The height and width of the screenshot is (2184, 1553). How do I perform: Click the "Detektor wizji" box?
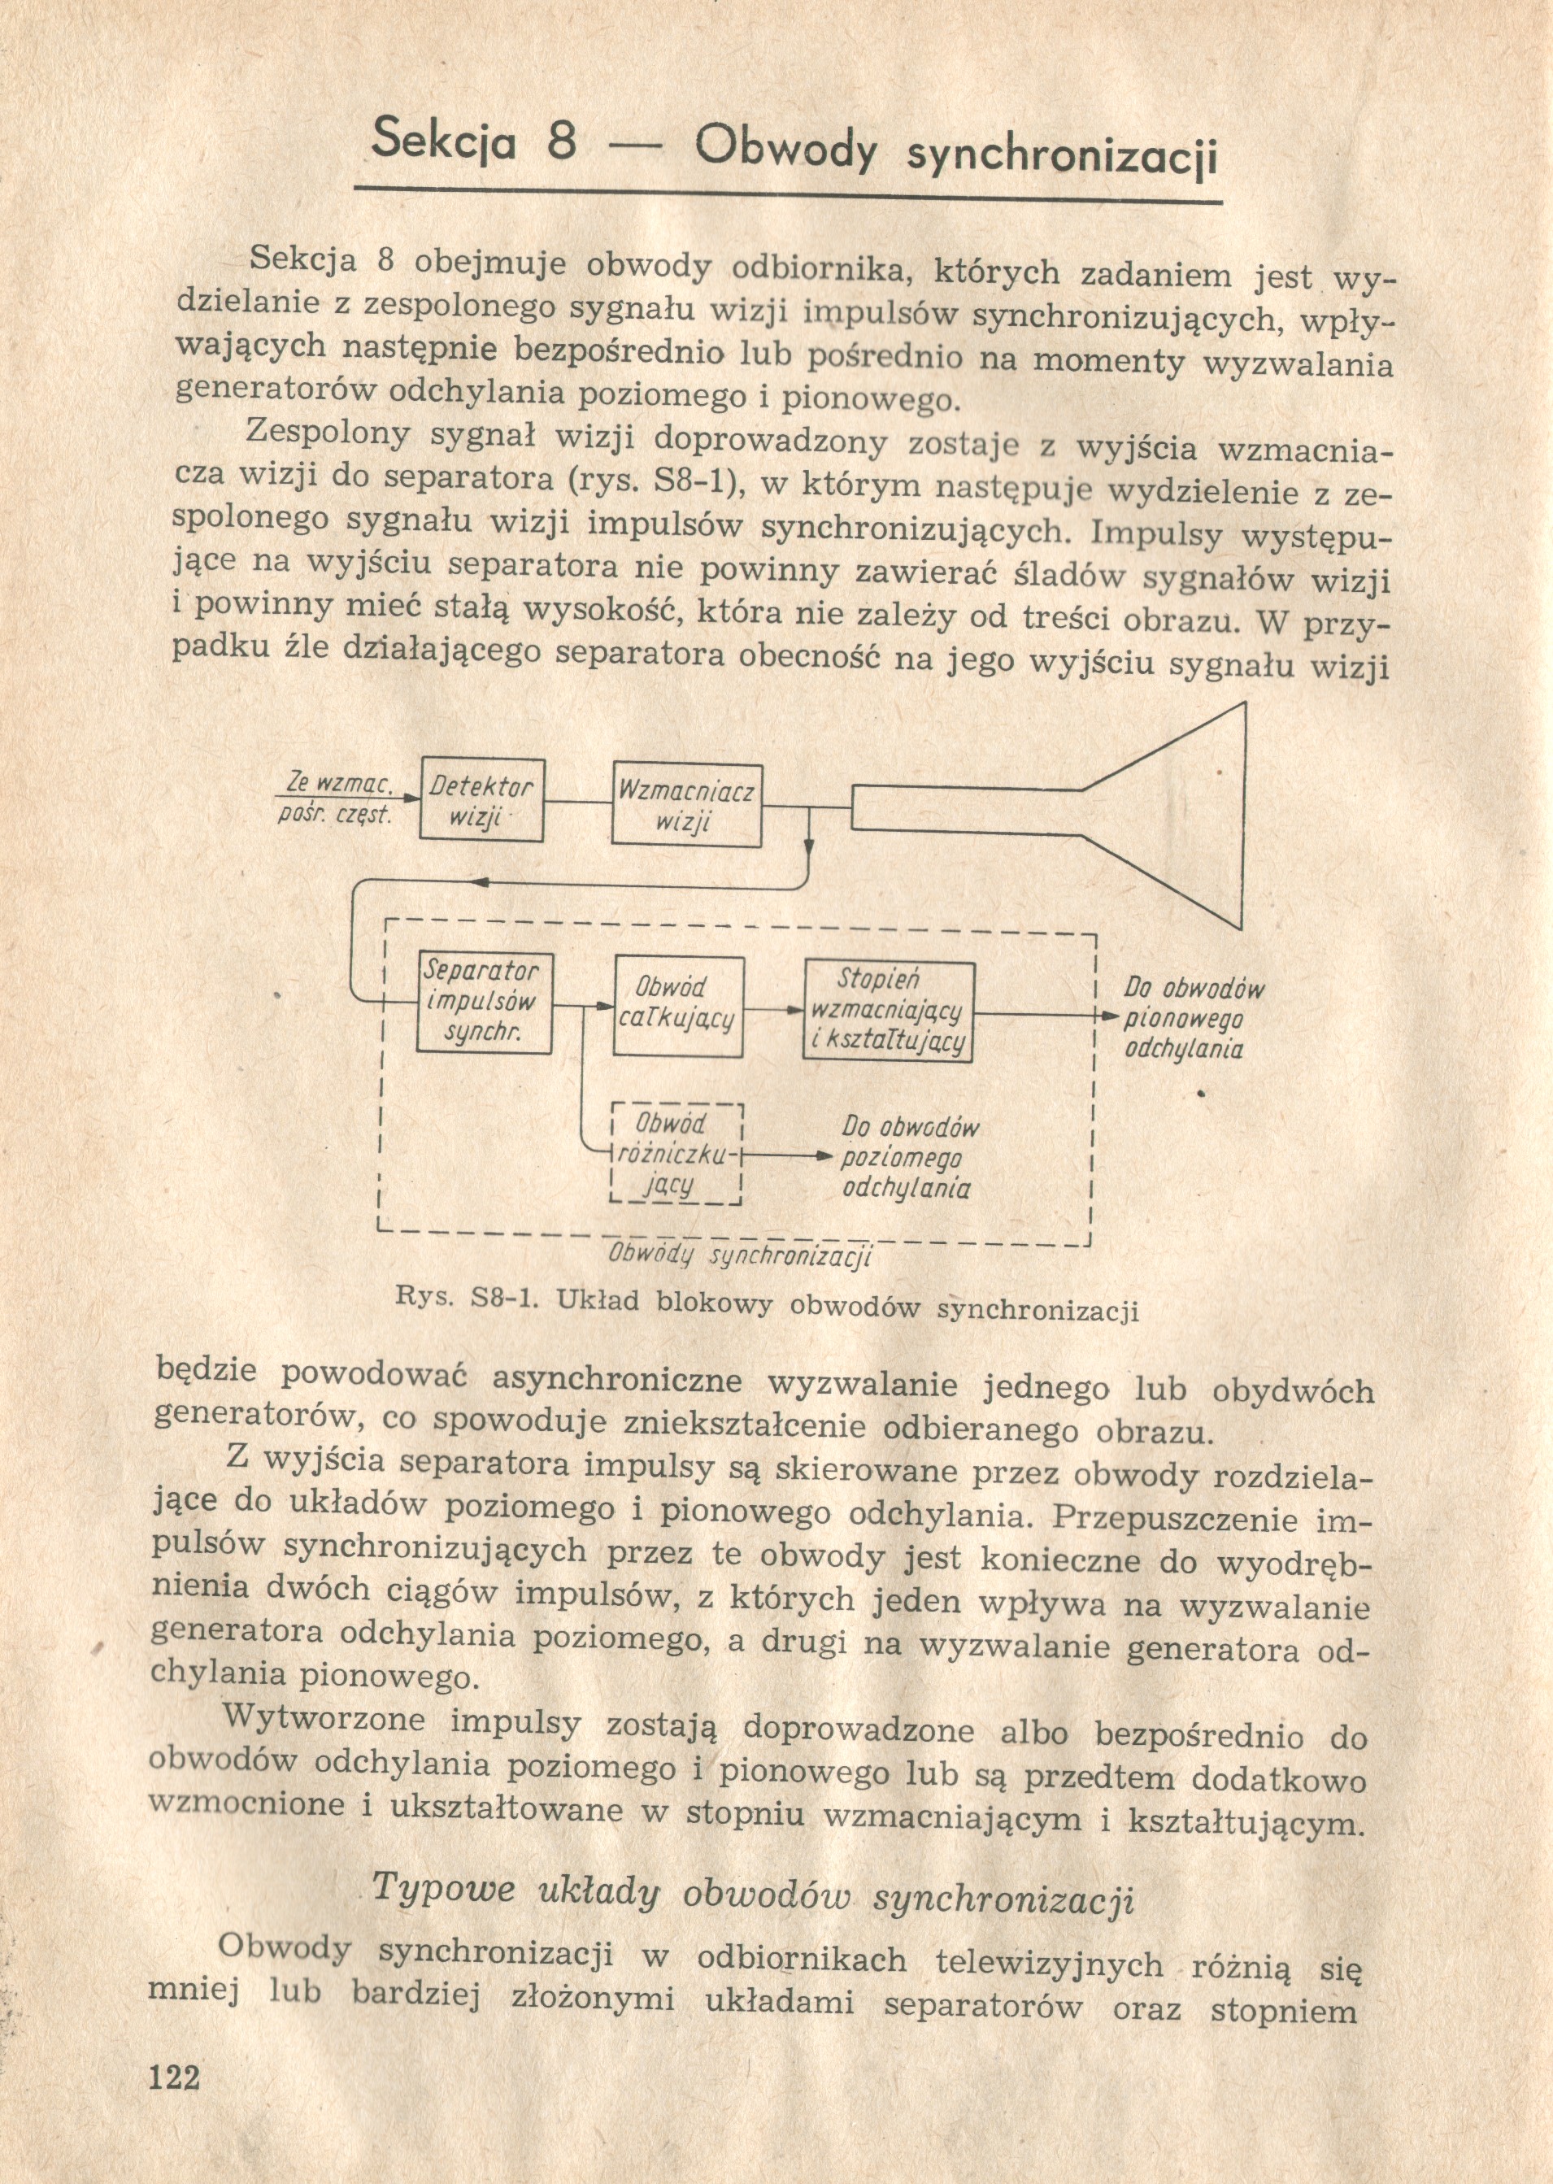click(482, 799)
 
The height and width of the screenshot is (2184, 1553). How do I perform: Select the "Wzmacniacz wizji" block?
click(686, 804)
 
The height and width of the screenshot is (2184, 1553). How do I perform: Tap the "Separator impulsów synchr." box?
click(485, 1001)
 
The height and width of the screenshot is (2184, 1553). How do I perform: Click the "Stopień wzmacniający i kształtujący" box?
click(890, 1011)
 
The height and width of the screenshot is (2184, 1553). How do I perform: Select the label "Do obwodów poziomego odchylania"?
click(908, 1158)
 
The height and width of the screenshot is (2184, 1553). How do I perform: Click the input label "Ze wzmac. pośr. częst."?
click(337, 799)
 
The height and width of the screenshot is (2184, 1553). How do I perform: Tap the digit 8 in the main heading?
click(563, 141)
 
